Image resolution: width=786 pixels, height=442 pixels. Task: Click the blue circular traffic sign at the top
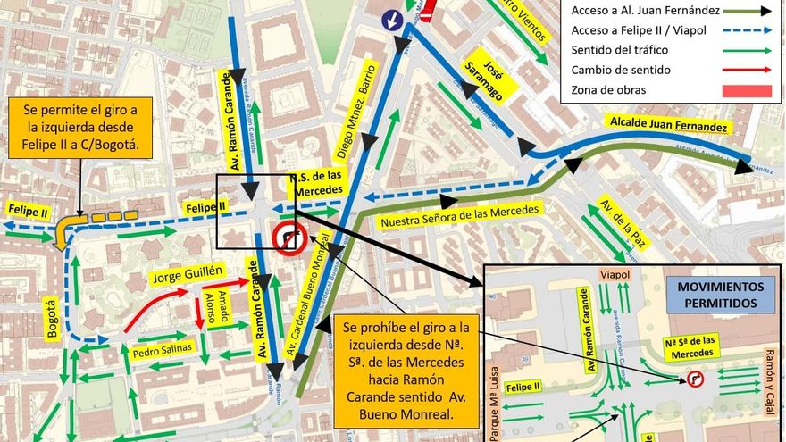[392, 20]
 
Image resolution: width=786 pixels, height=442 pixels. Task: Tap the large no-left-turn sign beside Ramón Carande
[289, 238]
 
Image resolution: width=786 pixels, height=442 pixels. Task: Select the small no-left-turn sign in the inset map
[694, 379]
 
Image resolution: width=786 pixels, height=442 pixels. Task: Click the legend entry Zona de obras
[609, 90]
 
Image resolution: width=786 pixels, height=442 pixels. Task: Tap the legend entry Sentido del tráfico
[623, 51]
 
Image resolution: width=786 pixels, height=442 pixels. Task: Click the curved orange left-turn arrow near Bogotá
[65, 230]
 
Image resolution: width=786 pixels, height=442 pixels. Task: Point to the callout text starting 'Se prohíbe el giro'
[406, 369]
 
